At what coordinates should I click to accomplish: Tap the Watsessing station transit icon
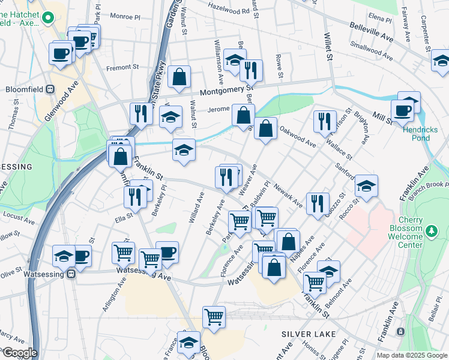(71, 274)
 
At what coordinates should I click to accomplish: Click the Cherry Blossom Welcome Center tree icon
(431, 230)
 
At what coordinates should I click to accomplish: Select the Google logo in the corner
(19, 353)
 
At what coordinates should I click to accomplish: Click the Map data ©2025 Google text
(412, 355)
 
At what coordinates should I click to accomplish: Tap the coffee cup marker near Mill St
(402, 110)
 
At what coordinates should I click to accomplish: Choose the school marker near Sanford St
(366, 186)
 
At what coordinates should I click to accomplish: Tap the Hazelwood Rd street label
(228, 7)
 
